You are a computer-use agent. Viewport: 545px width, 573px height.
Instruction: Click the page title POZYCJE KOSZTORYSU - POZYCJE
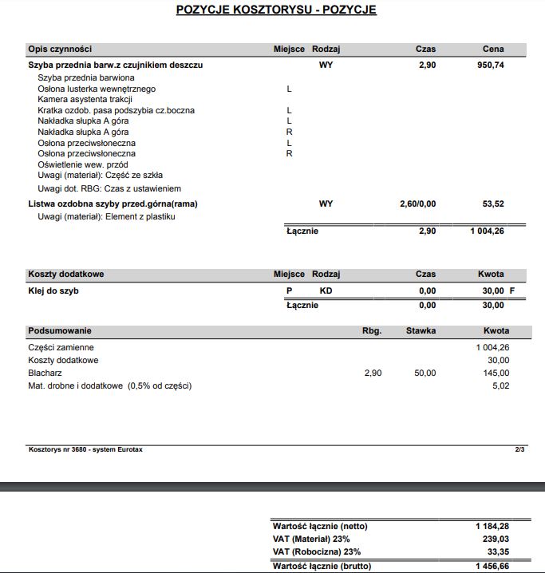275,10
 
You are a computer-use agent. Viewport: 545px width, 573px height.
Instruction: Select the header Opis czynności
60,49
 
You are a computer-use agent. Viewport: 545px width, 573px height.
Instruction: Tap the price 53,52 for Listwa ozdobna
493,204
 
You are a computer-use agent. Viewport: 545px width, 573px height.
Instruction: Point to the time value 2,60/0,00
417,204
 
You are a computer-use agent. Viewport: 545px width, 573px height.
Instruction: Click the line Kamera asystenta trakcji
85,100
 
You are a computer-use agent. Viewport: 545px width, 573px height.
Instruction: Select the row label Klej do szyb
53,290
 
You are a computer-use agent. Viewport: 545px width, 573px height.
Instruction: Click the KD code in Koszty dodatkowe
326,290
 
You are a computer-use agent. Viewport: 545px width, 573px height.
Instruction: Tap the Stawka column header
421,330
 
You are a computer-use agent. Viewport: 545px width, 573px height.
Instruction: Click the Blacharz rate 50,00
425,373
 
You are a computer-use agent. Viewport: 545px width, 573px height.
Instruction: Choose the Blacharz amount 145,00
496,373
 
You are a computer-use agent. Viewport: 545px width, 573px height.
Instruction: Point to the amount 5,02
500,385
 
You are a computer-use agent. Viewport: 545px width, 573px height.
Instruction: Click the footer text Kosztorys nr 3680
85,449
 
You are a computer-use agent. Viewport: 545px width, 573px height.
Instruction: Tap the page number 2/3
519,449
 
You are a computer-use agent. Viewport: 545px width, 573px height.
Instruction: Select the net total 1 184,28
492,526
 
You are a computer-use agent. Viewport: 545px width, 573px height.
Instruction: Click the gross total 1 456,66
492,565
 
